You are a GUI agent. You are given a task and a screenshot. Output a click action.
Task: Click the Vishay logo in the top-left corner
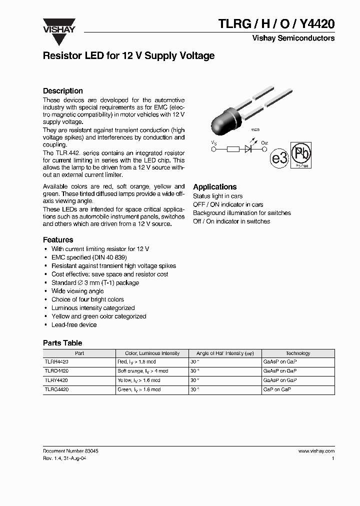click(58, 25)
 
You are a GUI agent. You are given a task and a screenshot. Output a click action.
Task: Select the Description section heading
click(63, 91)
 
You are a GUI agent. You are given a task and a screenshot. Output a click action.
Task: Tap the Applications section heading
click(215, 186)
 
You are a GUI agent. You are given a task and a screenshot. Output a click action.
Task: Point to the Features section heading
click(58, 239)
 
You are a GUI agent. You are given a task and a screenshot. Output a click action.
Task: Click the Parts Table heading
click(62, 343)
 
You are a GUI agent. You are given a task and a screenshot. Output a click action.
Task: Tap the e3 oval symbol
click(279, 158)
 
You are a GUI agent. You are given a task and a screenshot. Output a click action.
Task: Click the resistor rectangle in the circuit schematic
click(233, 149)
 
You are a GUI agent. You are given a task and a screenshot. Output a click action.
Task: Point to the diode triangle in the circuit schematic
click(247, 149)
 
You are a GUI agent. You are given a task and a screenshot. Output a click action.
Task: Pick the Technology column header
click(298, 353)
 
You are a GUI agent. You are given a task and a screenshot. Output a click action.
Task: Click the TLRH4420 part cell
click(56, 361)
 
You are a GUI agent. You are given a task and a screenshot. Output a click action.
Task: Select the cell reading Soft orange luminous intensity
click(143, 371)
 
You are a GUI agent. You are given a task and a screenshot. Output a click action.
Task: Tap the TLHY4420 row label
click(56, 380)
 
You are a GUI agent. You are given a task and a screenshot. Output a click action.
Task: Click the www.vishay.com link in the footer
click(316, 450)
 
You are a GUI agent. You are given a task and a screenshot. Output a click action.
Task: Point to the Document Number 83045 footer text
click(70, 450)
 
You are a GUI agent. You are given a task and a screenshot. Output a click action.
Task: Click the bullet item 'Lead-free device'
click(74, 325)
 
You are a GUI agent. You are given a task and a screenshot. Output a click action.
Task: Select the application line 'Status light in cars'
click(218, 196)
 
